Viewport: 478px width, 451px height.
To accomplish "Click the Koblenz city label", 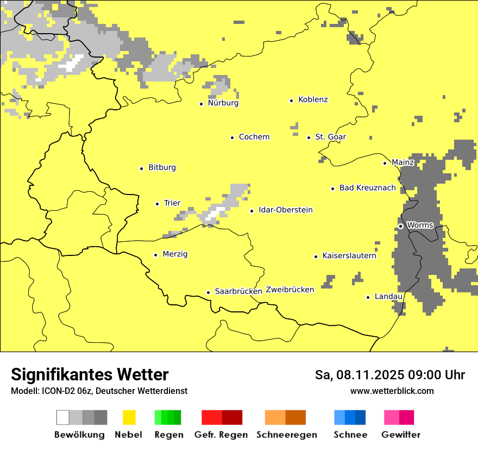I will click(x=313, y=99).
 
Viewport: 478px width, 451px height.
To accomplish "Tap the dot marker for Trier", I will click(x=157, y=204).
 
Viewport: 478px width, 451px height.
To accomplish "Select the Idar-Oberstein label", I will click(x=286, y=210).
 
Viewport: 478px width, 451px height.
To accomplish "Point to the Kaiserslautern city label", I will click(x=349, y=255).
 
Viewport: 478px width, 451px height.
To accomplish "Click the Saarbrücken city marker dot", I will click(x=208, y=292).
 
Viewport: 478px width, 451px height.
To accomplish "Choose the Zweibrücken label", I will click(x=290, y=290).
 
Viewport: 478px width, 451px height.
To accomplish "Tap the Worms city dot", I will click(x=400, y=226).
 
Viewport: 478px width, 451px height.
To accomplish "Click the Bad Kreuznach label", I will click(x=367, y=187).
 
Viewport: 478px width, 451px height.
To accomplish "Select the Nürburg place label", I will click(x=223, y=103).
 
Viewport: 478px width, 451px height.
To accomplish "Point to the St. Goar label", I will click(x=330, y=137).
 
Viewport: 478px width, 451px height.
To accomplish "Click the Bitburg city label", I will click(x=162, y=167).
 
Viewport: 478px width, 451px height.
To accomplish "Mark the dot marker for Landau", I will click(x=368, y=297).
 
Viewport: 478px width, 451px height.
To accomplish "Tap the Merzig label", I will click(x=175, y=254).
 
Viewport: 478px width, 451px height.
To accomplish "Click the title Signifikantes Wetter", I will click(x=90, y=374).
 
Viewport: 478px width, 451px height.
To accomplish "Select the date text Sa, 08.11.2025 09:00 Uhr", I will click(x=389, y=375).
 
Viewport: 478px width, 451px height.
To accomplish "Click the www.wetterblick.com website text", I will click(x=392, y=391).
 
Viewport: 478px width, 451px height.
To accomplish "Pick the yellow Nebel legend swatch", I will click(x=129, y=417).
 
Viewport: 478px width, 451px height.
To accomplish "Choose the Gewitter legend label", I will click(x=400, y=435).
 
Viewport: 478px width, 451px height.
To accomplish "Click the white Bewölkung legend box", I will click(x=63, y=417).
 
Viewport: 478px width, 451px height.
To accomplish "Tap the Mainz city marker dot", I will click(x=385, y=163).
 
